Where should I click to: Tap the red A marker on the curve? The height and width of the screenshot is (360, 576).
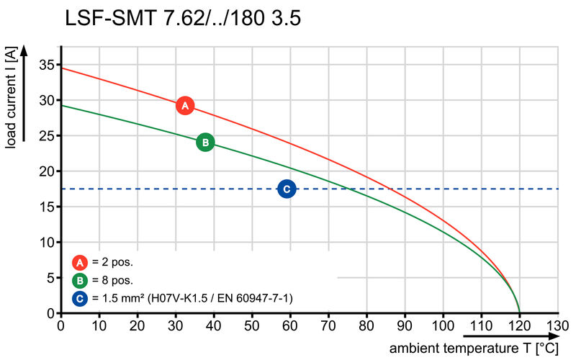pyautogui.click(x=185, y=106)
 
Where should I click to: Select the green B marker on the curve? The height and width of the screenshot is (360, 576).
pyautogui.click(x=205, y=143)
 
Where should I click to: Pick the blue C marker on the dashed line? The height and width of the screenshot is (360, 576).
pyautogui.click(x=287, y=189)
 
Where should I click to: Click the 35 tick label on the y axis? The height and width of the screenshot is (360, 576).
pyautogui.click(x=45, y=65)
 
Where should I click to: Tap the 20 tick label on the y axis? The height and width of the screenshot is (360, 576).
pyautogui.click(x=45, y=171)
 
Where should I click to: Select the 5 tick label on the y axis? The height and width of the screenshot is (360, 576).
pyautogui.click(x=49, y=278)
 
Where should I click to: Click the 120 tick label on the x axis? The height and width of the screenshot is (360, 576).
pyautogui.click(x=519, y=325)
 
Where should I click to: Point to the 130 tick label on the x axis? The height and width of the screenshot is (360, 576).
pyautogui.click(x=557, y=325)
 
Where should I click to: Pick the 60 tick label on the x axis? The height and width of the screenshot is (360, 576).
pyautogui.click(x=290, y=325)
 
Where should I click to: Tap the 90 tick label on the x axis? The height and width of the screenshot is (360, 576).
pyautogui.click(x=405, y=325)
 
